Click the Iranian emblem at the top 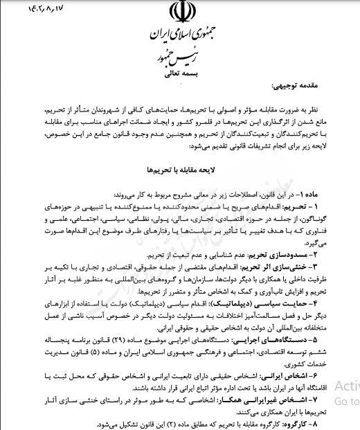pos(179,15)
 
